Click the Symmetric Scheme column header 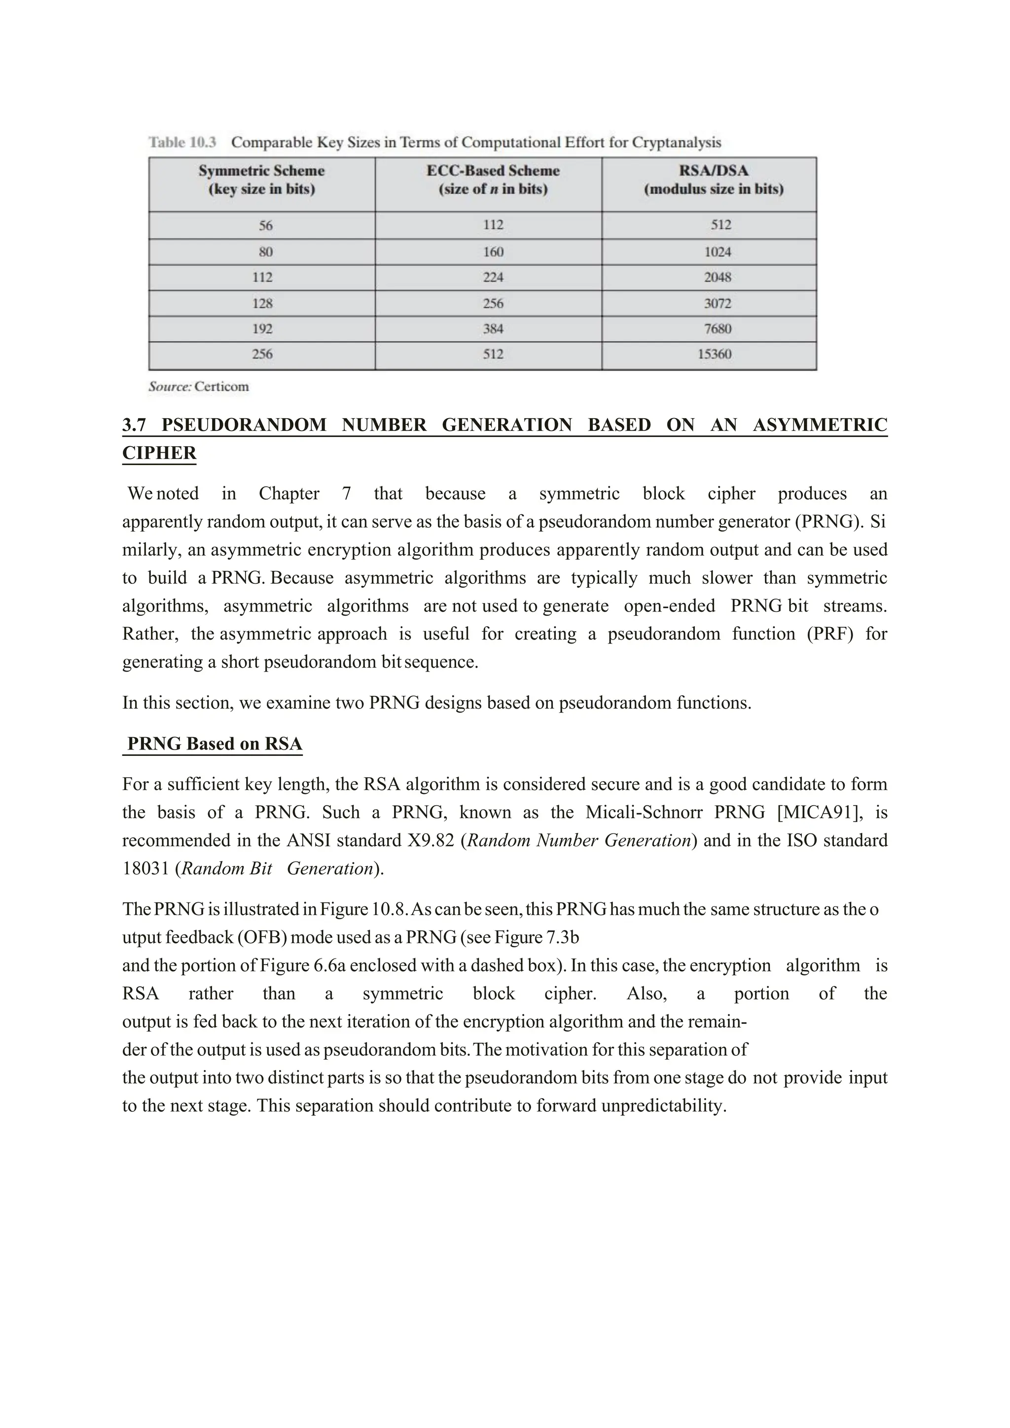pyautogui.click(x=261, y=180)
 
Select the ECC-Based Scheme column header pyautogui.click(x=493, y=180)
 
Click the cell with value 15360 pyautogui.click(x=714, y=354)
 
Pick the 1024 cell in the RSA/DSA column pyautogui.click(x=717, y=252)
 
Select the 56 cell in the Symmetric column pyautogui.click(x=265, y=225)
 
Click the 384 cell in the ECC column pyautogui.click(x=493, y=328)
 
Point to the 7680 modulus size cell pyautogui.click(x=717, y=328)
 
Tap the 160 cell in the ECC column pyautogui.click(x=493, y=252)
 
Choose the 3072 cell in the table pyautogui.click(x=717, y=304)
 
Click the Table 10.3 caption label pyautogui.click(x=182, y=143)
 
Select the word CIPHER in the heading pyautogui.click(x=159, y=453)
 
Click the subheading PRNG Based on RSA pyautogui.click(x=214, y=744)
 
